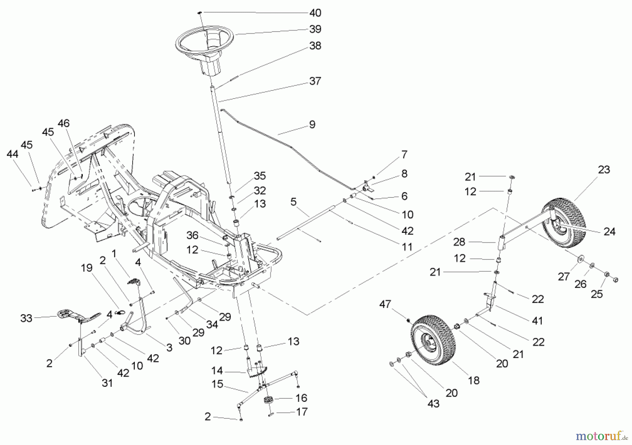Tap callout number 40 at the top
coord(315,13)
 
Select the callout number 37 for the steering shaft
coord(315,81)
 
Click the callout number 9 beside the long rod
coord(312,124)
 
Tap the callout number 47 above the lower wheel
coord(385,304)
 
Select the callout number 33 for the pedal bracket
coord(26,318)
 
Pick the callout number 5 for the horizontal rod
coord(294,202)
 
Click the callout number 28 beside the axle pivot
coord(459,242)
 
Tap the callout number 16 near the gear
coord(301,398)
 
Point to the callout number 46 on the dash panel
coord(64,123)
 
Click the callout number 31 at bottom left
coord(107,383)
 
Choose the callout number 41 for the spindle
coord(537,321)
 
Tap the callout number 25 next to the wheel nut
coord(597,294)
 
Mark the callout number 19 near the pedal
coord(86,268)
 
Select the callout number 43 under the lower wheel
coord(433,404)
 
